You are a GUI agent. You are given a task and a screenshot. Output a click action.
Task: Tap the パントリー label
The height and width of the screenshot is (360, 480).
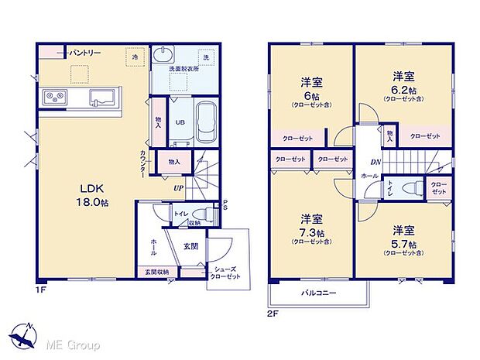click(x=84, y=53)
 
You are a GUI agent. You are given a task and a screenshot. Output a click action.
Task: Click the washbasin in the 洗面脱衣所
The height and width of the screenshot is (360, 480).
click(x=164, y=55)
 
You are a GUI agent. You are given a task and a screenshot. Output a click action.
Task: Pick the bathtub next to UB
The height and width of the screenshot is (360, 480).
click(x=205, y=122)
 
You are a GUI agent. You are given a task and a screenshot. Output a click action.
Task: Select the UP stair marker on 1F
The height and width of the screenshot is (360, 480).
click(x=178, y=188)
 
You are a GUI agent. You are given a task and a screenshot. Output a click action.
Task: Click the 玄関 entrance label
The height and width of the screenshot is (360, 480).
click(x=191, y=246)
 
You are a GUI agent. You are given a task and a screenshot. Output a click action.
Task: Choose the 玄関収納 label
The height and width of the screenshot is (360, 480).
click(x=157, y=273)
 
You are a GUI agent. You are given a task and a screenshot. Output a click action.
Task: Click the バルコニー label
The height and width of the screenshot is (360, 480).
click(x=319, y=294)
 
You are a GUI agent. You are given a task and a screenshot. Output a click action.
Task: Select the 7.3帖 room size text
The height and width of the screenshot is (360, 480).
click(x=312, y=232)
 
